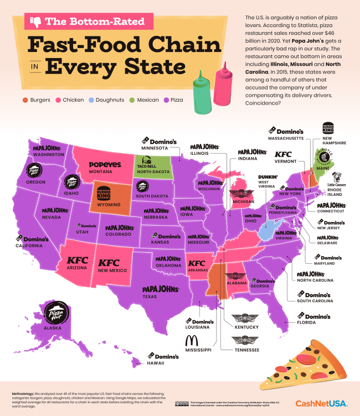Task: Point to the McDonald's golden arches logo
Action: [191, 340]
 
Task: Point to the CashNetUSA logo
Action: [321, 403]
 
